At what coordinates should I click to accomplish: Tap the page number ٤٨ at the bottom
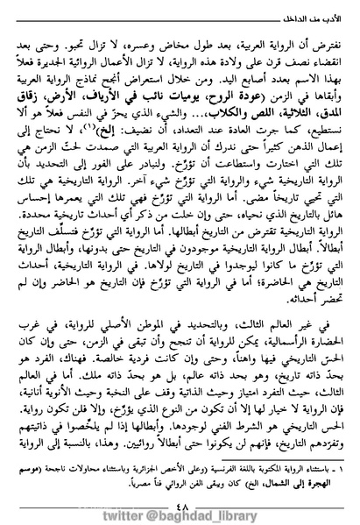[x=179, y=487]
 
